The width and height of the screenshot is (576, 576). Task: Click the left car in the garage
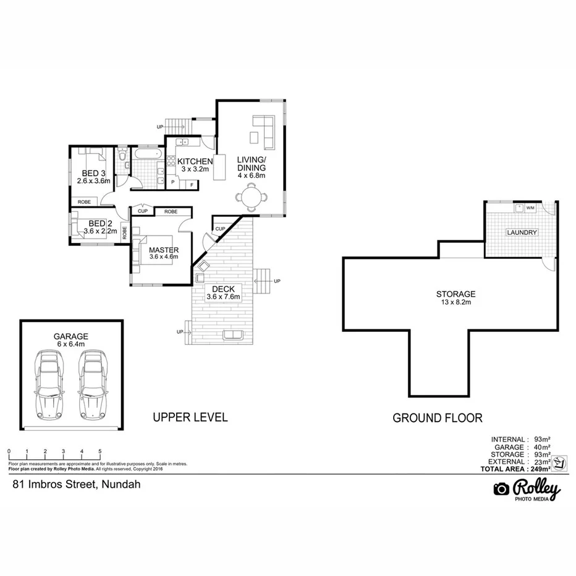[x=51, y=383]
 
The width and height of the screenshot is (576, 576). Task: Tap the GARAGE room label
[x=70, y=336]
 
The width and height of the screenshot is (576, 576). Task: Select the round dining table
[x=252, y=198]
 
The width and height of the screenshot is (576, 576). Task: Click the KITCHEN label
[x=195, y=162]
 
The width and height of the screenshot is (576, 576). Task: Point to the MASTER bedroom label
[x=163, y=250]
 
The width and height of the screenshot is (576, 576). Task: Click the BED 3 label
[x=93, y=174]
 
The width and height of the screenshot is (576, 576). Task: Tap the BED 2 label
[x=100, y=223]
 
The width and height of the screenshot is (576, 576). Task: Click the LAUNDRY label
[x=522, y=232]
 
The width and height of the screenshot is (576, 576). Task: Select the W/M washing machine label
[x=530, y=208]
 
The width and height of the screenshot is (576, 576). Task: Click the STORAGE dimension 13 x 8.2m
[x=456, y=303]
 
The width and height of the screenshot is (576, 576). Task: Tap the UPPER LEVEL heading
[x=190, y=418]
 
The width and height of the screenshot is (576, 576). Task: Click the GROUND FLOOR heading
[x=438, y=418]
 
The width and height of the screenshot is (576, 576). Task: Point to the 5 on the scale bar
[x=100, y=452]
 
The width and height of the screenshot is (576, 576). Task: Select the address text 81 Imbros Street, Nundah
[x=77, y=485]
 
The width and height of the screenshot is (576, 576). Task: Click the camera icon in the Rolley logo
[x=501, y=489]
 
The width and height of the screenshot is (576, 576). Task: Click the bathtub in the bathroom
[x=148, y=153]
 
